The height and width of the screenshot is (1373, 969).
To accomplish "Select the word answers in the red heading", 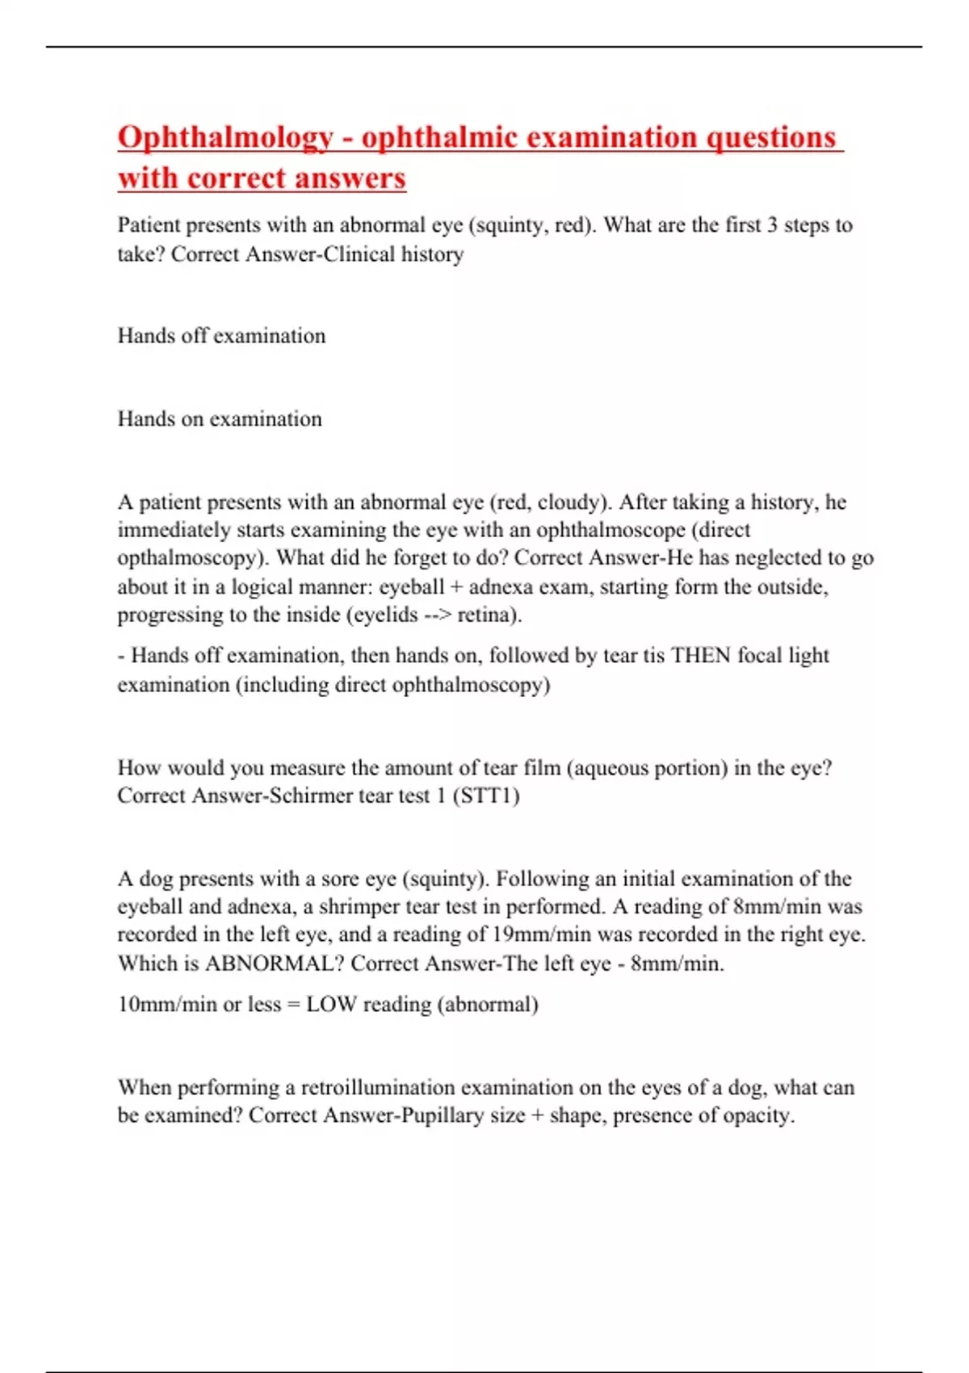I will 349,178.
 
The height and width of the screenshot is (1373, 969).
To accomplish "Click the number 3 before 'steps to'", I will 772,225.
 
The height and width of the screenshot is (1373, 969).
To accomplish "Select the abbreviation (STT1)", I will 485,796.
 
